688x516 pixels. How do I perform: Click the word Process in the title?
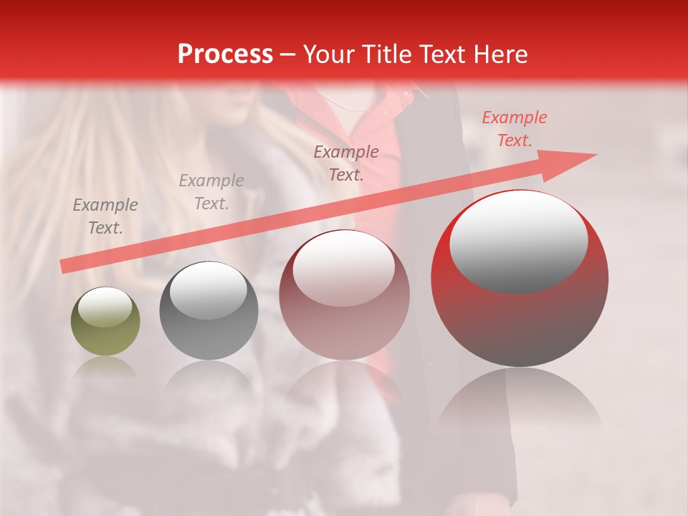point(225,54)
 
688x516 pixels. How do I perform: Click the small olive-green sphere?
point(105,321)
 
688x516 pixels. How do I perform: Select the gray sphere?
point(209,310)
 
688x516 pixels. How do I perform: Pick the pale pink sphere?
point(344,295)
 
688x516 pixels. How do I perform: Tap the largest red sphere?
point(520,278)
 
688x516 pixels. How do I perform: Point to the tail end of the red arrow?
point(64,266)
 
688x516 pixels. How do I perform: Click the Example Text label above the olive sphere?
point(105,216)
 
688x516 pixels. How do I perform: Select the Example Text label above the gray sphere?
point(211,192)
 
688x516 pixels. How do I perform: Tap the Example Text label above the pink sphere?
point(346,163)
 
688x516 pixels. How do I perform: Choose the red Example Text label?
point(515,129)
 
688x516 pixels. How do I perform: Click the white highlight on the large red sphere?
point(518,239)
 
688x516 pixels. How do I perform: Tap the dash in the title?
point(287,54)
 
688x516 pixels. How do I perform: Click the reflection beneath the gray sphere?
point(209,380)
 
